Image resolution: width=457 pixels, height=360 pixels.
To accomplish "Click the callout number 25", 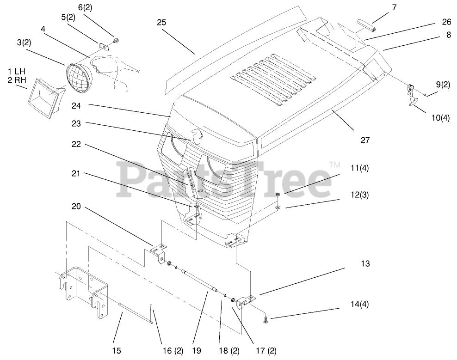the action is click(x=161, y=22).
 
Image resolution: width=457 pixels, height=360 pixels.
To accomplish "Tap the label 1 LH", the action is click(x=17, y=72).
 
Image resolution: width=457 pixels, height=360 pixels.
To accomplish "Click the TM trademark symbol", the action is click(x=334, y=164).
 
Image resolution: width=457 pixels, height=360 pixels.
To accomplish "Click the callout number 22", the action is click(x=76, y=144).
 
